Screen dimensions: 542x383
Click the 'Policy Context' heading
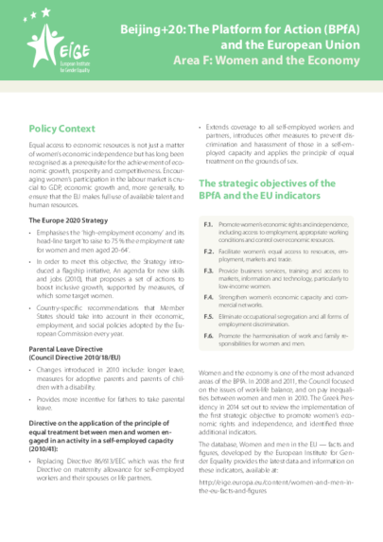point(63,126)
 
